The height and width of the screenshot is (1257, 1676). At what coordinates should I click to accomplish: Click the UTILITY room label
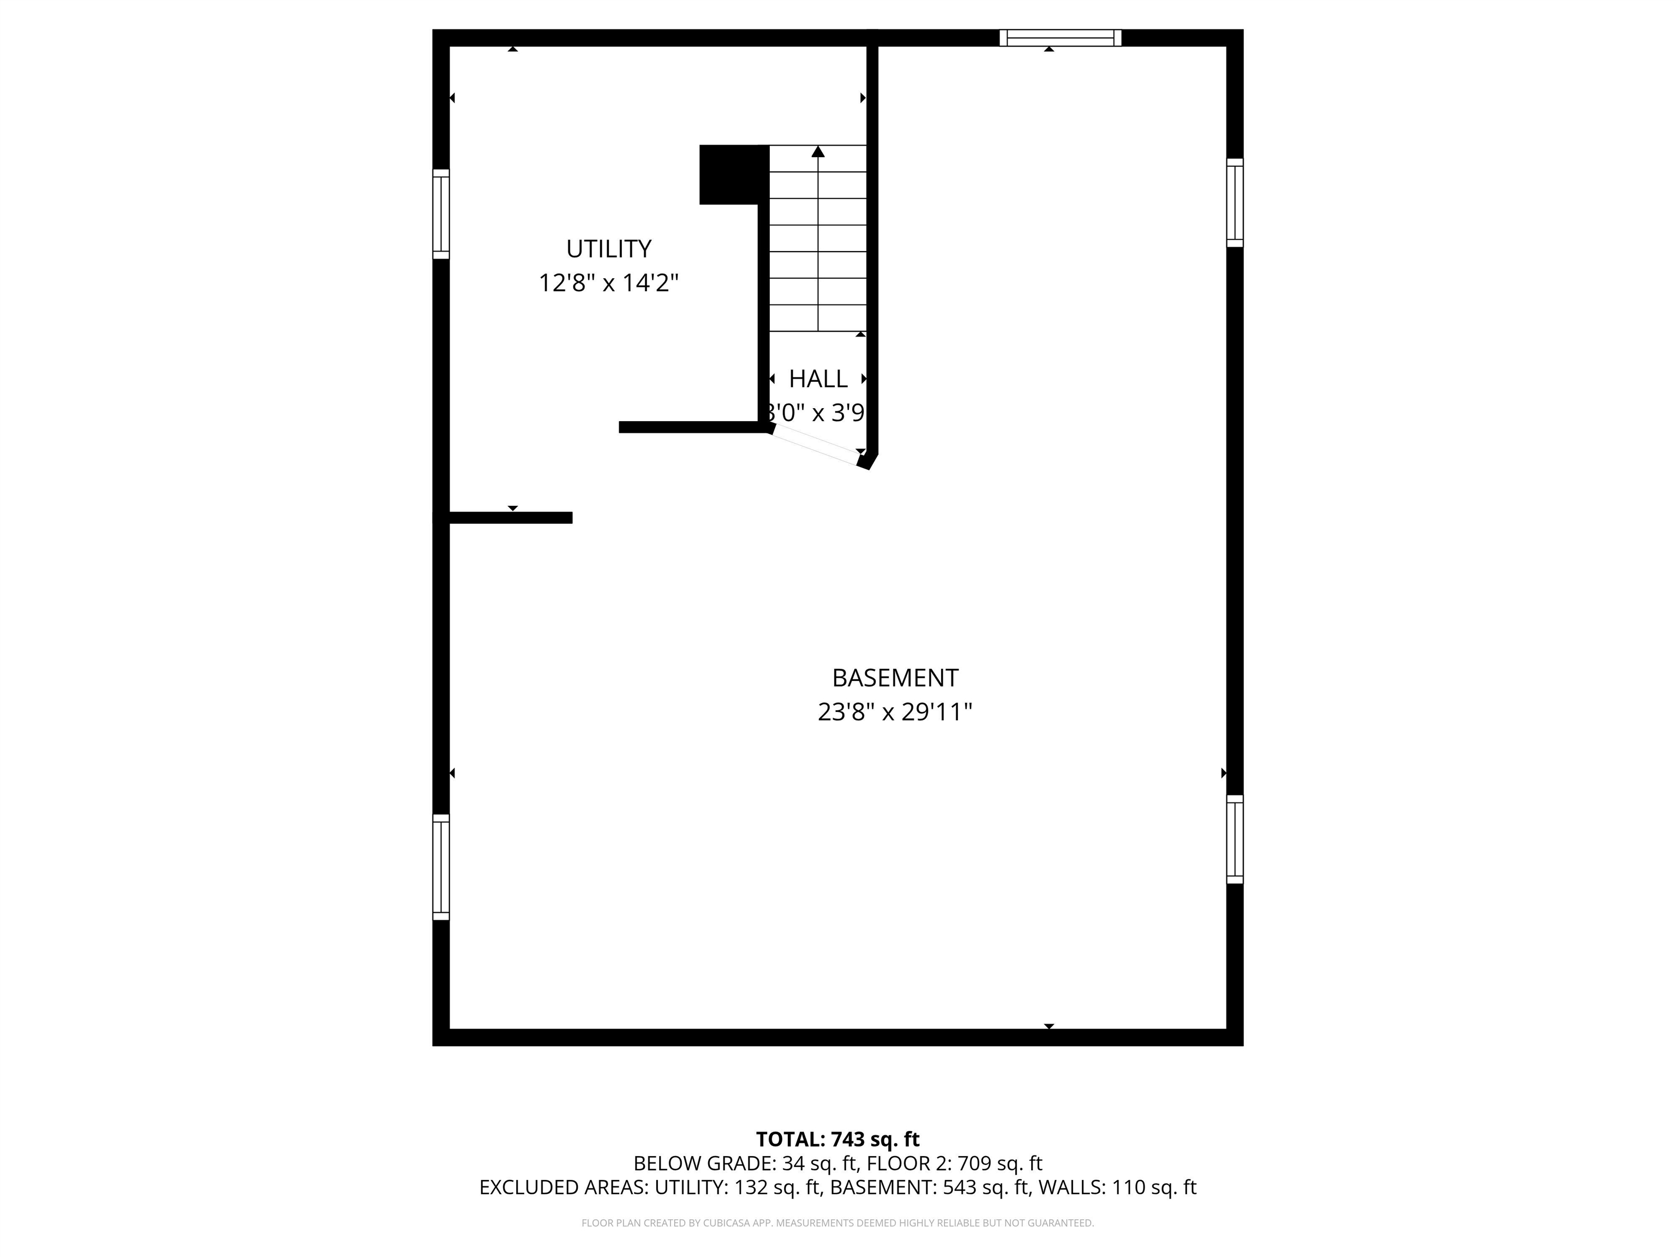[x=608, y=249]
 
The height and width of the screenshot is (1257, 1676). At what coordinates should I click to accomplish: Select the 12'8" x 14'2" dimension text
[x=608, y=283]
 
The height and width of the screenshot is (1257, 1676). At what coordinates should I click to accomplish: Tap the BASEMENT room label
[x=895, y=678]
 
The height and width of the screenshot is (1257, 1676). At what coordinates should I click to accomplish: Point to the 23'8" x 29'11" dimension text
[x=895, y=712]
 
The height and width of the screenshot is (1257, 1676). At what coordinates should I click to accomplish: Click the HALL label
[x=818, y=378]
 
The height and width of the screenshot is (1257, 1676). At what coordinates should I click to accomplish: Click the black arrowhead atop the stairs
[x=818, y=152]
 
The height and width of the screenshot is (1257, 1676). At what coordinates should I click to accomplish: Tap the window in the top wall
[x=1060, y=38]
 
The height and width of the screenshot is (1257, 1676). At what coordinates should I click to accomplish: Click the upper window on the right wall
[x=1234, y=203]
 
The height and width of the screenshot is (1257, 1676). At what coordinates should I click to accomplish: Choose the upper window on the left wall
[x=441, y=214]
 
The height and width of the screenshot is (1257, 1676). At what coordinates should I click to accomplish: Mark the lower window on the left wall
[x=441, y=867]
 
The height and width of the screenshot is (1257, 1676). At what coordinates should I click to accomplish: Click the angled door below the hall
[x=816, y=445]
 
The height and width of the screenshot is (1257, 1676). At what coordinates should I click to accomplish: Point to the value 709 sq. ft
[x=1000, y=1164]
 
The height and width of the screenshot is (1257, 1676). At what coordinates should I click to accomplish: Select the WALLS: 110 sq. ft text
[x=1117, y=1187]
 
